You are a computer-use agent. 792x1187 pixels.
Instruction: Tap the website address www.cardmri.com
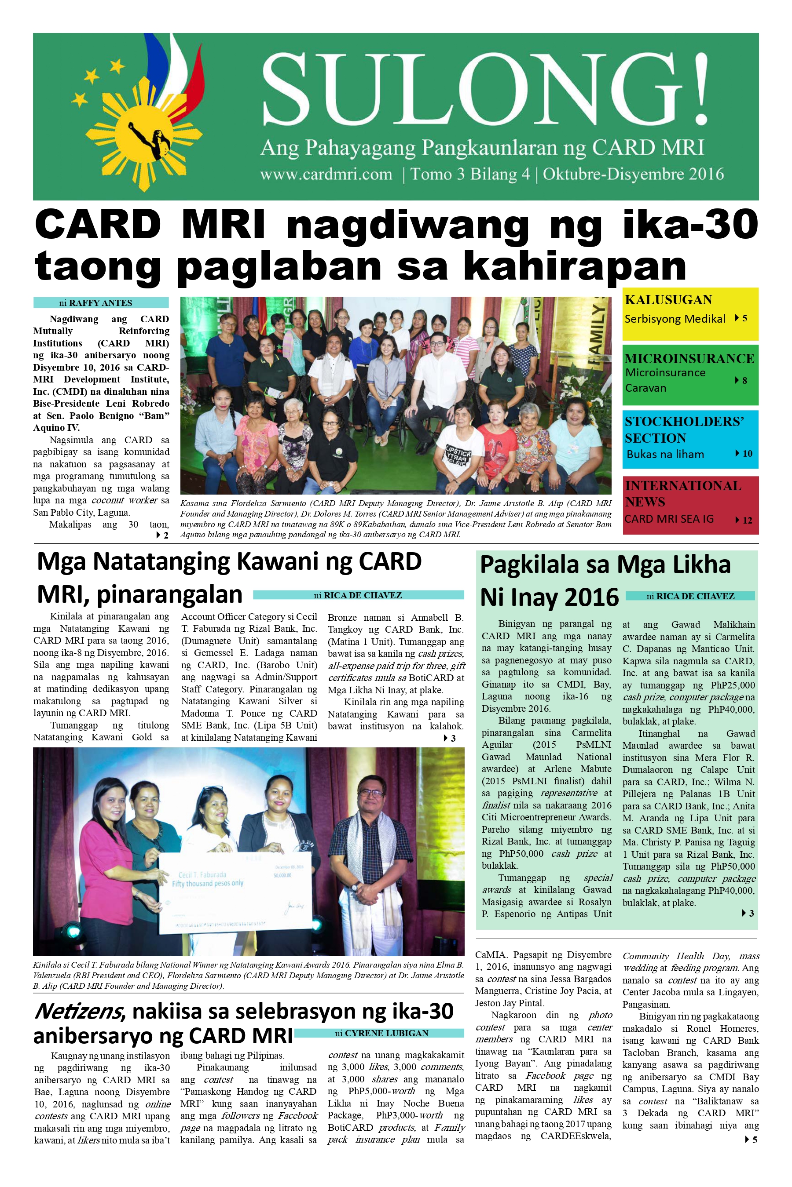coord(326,175)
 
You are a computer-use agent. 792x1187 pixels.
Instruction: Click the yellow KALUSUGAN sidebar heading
coord(668,300)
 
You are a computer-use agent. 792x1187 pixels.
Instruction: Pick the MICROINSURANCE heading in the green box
coord(689,358)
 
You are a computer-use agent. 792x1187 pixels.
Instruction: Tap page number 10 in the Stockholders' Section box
coord(747,454)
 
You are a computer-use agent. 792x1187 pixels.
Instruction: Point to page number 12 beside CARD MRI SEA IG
coord(747,521)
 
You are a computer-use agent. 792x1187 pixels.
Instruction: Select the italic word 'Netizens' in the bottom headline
coord(78,1011)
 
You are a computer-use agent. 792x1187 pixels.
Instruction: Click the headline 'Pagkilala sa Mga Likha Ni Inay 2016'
coord(605,580)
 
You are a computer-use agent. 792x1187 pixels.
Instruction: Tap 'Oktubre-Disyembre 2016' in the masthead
coord(633,175)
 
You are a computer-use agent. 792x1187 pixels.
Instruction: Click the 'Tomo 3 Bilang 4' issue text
coord(470,175)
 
